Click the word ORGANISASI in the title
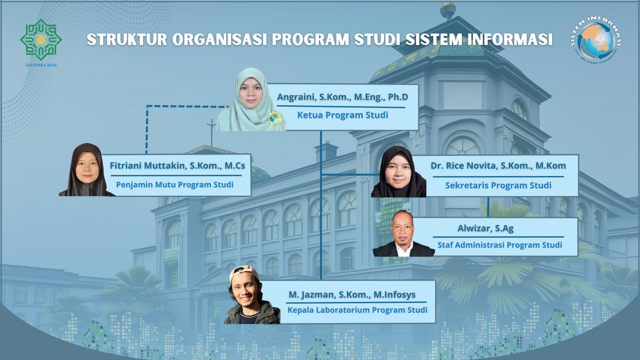point(220,39)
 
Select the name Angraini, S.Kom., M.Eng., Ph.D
point(342,97)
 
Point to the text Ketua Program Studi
point(342,115)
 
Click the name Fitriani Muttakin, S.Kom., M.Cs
point(177,166)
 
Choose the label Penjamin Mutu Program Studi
point(175,185)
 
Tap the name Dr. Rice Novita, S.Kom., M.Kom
point(498,166)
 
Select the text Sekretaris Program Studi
point(498,185)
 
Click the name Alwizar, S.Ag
point(485,228)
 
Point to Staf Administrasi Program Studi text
point(499,245)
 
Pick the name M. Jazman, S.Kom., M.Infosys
point(352,295)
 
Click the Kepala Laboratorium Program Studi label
point(357,310)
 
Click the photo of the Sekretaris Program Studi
point(398,171)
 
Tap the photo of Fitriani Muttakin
point(87,170)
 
